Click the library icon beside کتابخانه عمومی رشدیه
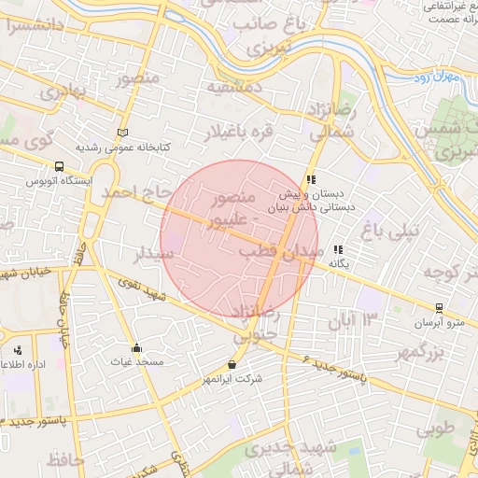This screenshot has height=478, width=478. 123,133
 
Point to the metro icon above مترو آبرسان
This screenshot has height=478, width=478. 439,308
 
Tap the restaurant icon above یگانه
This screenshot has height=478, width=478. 338,249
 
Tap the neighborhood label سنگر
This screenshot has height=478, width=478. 153,253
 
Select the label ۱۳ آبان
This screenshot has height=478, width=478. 355,322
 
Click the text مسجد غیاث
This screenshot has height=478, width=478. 136,361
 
